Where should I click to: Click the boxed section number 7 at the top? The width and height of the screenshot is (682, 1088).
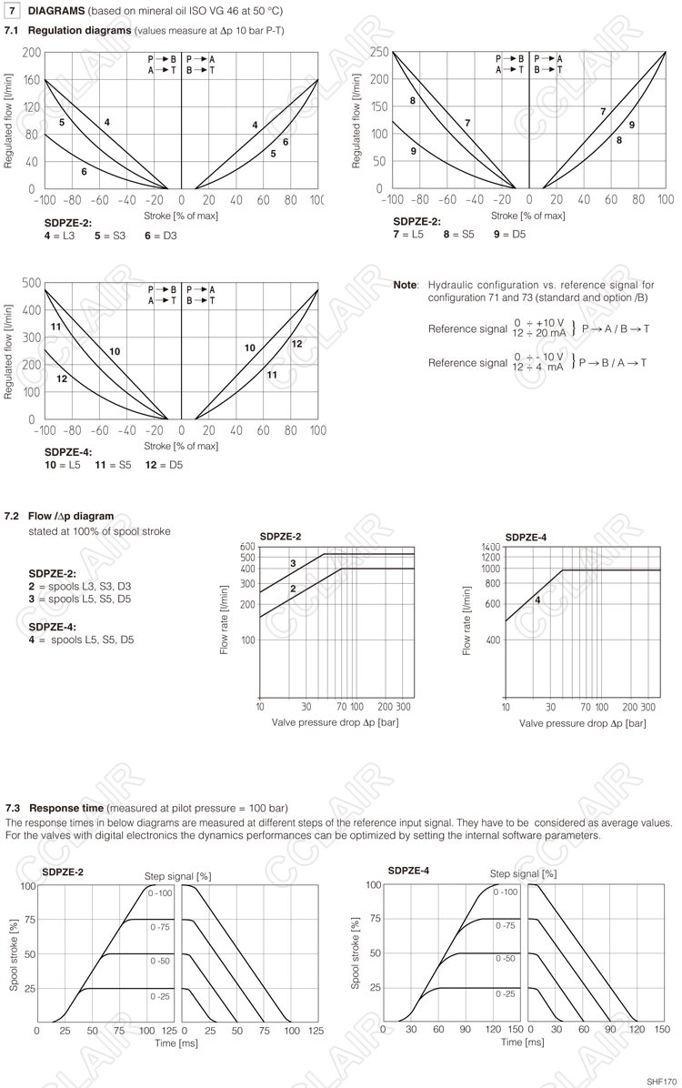pos(13,10)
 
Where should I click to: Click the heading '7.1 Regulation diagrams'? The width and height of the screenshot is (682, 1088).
pos(67,30)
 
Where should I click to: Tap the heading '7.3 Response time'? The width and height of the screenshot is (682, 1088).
pos(56,808)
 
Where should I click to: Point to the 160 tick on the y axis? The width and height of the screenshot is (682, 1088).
pos(31,80)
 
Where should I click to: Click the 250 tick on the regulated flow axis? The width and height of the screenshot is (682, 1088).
pos(379,52)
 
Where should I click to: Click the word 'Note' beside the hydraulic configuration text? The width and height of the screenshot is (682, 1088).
pos(404,285)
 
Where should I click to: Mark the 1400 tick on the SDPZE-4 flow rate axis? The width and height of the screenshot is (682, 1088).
pos(491,547)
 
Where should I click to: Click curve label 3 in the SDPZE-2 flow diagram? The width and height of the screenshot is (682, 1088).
pos(293,564)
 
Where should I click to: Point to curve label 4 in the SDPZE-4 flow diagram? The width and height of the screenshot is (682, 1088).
pos(537,599)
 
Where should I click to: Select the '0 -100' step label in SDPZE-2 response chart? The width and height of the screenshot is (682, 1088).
pos(160,894)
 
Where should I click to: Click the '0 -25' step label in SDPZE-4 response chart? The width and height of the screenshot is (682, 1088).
pos(506,994)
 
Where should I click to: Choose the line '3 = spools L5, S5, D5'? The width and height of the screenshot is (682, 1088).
pos(80,599)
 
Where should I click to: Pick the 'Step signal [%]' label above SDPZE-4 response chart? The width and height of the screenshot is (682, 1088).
pos(523,874)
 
